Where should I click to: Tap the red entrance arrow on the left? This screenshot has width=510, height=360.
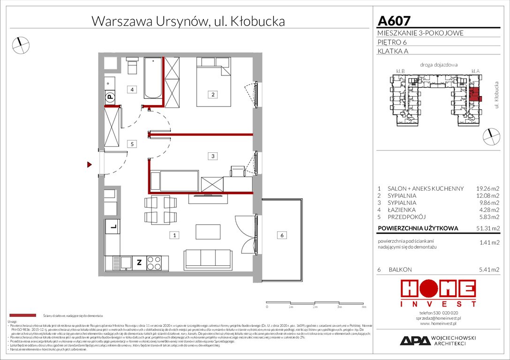click(x=89, y=165)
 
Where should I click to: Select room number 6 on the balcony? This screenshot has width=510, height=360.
click(x=282, y=235)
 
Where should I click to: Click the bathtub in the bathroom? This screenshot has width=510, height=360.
click(x=153, y=78)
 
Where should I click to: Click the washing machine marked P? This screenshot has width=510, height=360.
click(x=110, y=97)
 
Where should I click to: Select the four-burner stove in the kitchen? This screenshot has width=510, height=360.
click(x=154, y=262)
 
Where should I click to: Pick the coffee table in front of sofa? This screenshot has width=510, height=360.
click(x=207, y=231)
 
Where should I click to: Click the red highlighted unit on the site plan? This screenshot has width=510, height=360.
click(x=475, y=94)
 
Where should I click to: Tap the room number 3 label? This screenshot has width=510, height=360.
click(x=213, y=156)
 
